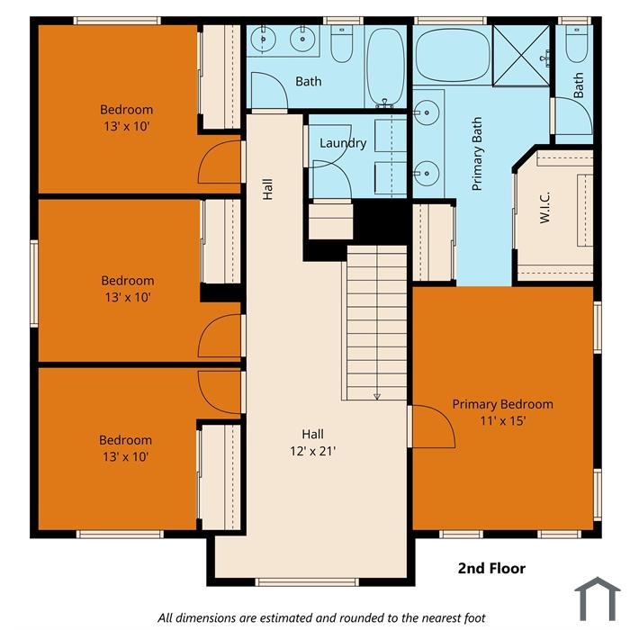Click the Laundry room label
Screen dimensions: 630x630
pos(343,143)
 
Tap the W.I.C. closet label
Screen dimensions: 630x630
pos(544,207)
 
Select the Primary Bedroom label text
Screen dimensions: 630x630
pos(502,404)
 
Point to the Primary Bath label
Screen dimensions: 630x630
pos(476,154)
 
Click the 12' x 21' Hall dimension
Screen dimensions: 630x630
pos(312,451)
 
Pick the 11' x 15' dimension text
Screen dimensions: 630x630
pos(502,420)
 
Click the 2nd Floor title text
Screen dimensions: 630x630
pos(491,568)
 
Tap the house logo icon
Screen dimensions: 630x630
pos(598,598)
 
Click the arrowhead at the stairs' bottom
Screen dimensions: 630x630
pos(377,397)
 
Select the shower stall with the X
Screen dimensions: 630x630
pos(521,56)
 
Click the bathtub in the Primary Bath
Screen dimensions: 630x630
pos(453,55)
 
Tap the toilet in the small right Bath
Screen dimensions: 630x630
pos(578,44)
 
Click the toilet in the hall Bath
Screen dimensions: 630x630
pos(341,43)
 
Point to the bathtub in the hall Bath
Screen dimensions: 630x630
pos(386,67)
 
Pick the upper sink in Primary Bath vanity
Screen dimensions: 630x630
pos(427,112)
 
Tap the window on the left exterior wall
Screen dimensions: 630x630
pos(34,283)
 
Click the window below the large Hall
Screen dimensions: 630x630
pos(307,581)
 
